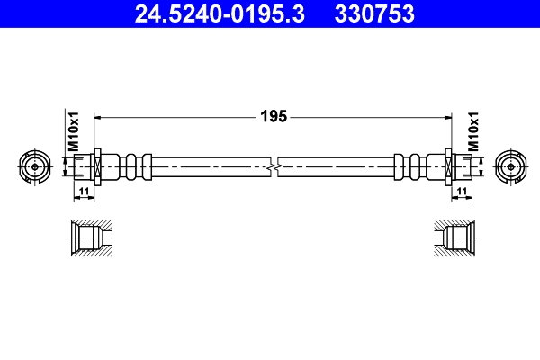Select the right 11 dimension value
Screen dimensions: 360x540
[x=461, y=192]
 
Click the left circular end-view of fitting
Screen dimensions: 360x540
[x=34, y=166]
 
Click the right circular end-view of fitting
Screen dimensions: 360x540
[x=509, y=166]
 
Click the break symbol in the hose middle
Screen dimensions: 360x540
[x=274, y=166]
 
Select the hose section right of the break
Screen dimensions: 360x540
[x=337, y=166]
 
